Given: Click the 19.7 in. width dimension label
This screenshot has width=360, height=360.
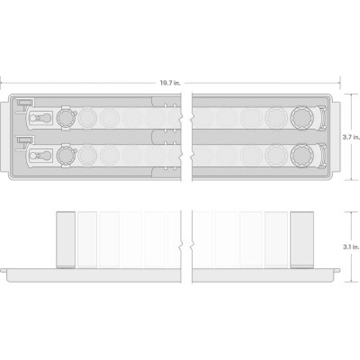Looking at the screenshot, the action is click(170, 83).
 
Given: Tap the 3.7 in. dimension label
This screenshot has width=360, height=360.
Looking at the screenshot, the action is click(351, 137).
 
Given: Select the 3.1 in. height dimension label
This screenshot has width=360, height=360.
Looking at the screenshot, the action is click(351, 247).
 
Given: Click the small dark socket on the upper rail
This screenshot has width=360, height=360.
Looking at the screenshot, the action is click(66, 118).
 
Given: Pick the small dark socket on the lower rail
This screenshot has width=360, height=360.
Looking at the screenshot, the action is click(66, 156).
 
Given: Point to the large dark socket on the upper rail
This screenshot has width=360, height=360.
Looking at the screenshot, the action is click(301, 119).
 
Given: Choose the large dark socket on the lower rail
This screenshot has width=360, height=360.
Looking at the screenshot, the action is click(301, 156).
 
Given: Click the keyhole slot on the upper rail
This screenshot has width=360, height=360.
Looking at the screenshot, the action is click(41, 119).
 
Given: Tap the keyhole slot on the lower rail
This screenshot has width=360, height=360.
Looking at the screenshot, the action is click(41, 156).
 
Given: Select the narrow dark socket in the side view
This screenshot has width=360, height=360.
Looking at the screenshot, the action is click(66, 239).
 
